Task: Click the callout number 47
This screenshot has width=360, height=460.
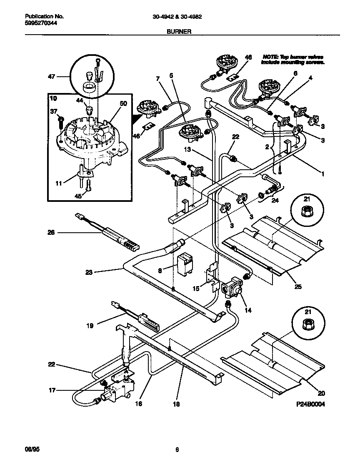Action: point(51,77)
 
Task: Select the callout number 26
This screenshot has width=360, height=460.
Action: point(51,232)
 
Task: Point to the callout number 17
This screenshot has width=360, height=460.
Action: point(52,391)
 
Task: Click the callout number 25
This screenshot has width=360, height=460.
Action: point(298,287)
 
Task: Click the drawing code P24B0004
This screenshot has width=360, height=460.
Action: point(310,404)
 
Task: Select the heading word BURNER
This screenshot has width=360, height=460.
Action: point(179,31)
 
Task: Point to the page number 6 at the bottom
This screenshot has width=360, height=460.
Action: point(177,449)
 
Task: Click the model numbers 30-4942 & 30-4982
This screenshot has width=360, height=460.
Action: point(183,17)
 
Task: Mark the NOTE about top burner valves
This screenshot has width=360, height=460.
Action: point(292,59)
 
